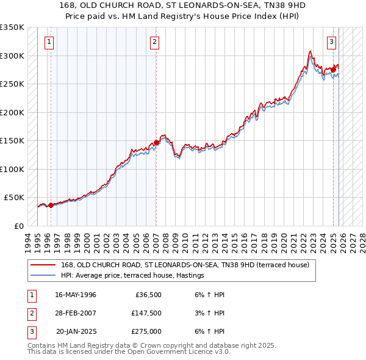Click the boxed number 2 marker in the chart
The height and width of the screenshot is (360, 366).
[155, 42]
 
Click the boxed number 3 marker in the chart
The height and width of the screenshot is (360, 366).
[331, 42]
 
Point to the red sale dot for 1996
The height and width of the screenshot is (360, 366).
[51, 205]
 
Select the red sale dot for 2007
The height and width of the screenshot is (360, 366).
[156, 142]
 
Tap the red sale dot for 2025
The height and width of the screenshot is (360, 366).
[334, 70]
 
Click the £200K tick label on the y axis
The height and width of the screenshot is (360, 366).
[12, 112]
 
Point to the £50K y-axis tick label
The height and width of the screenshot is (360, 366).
[13, 198]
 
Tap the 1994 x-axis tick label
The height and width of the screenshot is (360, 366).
[28, 241]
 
